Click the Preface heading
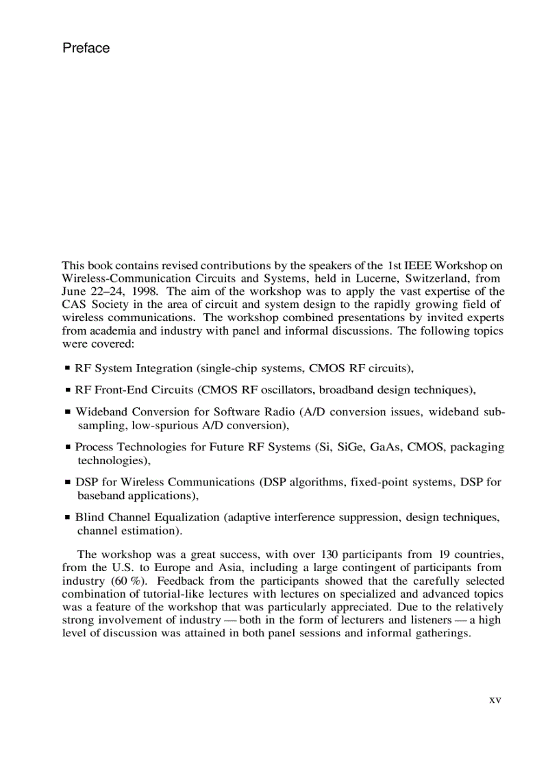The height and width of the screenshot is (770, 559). (86, 48)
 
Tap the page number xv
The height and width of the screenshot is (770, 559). (495, 700)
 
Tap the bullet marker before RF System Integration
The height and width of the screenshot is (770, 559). (67, 369)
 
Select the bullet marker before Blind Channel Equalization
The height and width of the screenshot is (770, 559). (67, 518)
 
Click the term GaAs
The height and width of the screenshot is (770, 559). (386, 447)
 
